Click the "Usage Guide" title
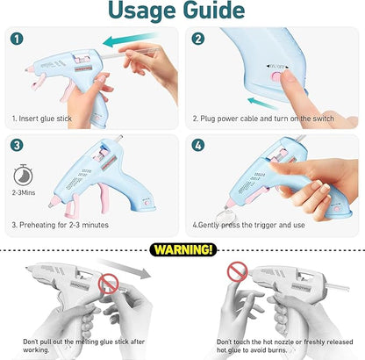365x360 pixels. tap(182, 11)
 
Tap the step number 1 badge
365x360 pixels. tap(16, 38)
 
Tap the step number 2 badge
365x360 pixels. tap(198, 38)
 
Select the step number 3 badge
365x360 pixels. tap(16, 143)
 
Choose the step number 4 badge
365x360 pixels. tap(198, 143)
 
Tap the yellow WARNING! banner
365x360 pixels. tap(183, 250)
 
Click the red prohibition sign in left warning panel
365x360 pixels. tap(108, 282)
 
